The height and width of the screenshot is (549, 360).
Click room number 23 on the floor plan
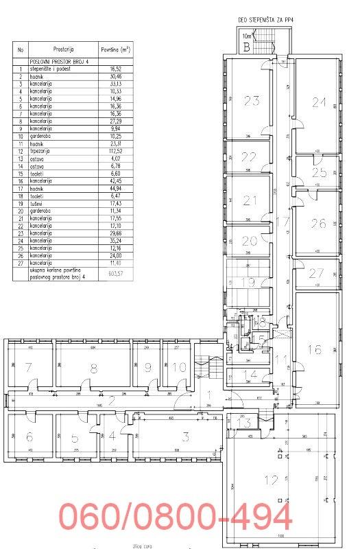252,101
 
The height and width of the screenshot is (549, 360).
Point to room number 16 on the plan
314,349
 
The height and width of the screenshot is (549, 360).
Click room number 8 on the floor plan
93,369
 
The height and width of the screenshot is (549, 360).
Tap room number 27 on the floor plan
315,272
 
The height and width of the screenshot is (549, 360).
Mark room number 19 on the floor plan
248,281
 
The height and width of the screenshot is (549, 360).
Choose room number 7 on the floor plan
28,369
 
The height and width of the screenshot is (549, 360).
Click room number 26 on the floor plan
317,223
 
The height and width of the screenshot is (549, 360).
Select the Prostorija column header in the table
63,49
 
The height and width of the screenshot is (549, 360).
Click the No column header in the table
21,49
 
